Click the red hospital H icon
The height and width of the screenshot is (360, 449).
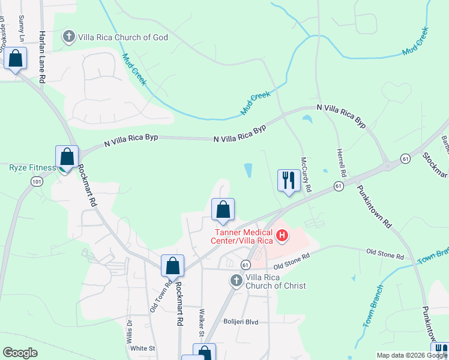282,236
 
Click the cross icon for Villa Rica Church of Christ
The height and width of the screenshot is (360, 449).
237,280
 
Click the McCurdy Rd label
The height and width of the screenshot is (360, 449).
306,175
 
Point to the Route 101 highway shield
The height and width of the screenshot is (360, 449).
37,181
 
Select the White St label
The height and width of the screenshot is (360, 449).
143,348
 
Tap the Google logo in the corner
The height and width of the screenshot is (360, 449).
20,353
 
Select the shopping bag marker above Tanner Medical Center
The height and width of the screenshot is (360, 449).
223,210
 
